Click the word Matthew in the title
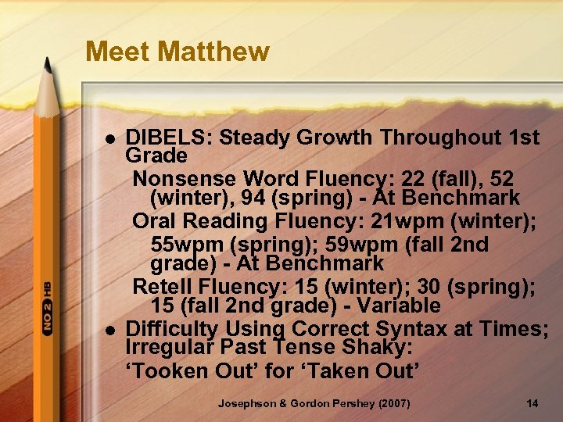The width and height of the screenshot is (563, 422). coord(213,52)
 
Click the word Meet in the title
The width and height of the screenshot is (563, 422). coord(118,52)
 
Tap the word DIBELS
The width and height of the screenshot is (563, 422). coord(169,138)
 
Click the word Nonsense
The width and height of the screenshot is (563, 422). coord(184,178)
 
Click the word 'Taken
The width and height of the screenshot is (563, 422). coord(334,370)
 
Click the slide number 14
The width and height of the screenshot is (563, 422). coord(533,403)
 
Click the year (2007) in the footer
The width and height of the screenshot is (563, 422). coord(389,403)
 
